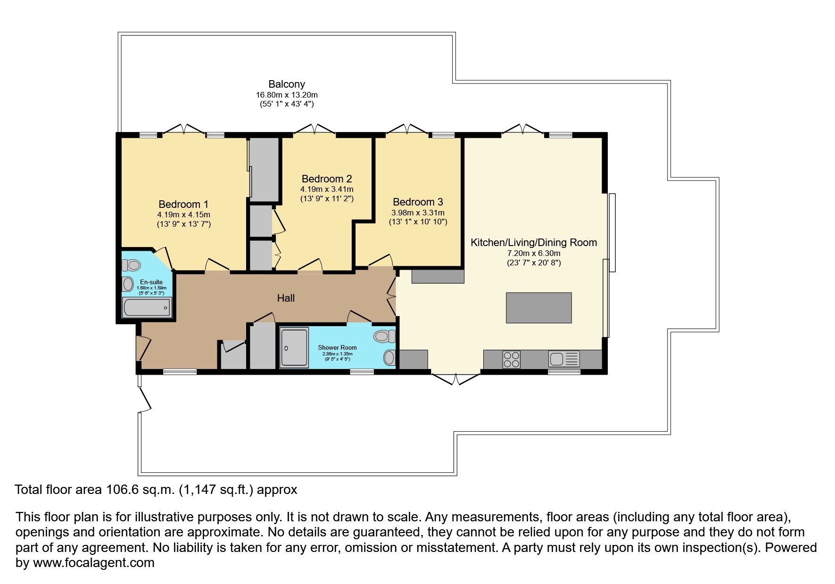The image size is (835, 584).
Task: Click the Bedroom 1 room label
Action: tap(183, 204)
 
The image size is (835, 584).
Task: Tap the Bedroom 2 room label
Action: tap(327, 179)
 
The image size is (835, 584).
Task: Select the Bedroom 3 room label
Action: tap(418, 202)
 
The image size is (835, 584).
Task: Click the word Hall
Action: tap(286, 298)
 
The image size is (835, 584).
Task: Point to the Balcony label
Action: tap(287, 84)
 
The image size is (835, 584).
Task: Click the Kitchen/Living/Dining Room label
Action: tap(534, 242)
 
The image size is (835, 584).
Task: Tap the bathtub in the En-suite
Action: tap(147, 307)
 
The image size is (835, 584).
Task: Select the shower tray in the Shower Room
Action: tap(294, 347)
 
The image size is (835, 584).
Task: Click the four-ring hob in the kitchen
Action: tap(512, 360)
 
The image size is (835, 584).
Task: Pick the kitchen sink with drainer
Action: tap(564, 360)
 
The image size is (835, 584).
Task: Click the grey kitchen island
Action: tap(538, 308)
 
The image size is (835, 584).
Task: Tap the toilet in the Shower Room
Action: tap(385, 336)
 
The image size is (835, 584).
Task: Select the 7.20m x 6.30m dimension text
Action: tap(534, 253)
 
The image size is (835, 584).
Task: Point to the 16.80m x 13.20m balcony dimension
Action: tap(287, 95)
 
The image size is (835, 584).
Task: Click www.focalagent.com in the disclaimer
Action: tap(93, 563)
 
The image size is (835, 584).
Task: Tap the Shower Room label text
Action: tap(337, 347)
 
